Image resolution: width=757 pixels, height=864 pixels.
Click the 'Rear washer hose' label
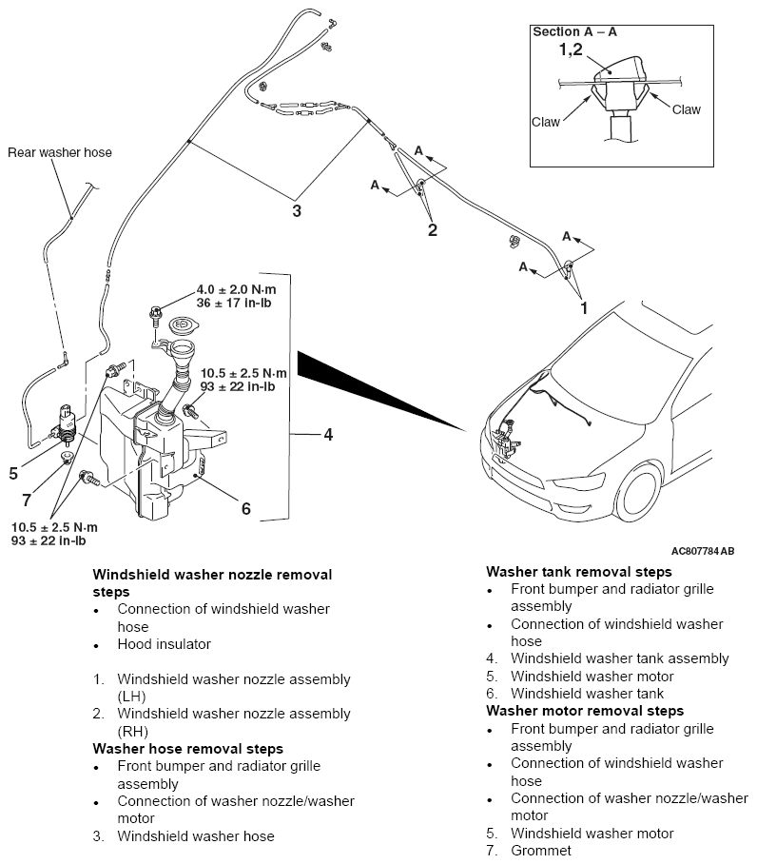(x=59, y=152)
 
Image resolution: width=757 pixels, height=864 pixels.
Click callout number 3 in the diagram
(x=297, y=210)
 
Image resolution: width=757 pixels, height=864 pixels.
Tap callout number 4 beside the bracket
(x=327, y=435)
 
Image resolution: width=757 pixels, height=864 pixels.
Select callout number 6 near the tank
(x=245, y=508)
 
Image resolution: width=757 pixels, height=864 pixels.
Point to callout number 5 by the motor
(x=13, y=472)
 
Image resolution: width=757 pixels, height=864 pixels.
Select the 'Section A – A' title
(x=574, y=31)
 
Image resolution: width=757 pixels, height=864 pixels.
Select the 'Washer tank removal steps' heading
(x=578, y=572)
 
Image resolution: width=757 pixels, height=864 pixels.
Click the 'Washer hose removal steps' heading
(x=187, y=749)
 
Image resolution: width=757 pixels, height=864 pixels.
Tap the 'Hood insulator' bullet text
(x=164, y=644)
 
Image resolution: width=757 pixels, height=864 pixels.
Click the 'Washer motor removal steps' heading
(x=584, y=711)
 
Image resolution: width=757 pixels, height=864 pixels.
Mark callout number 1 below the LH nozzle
(x=584, y=308)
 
